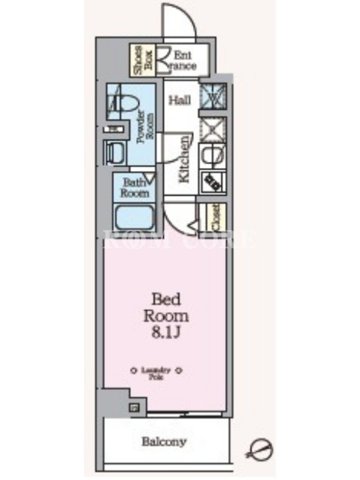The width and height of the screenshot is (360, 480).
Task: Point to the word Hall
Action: [179, 100]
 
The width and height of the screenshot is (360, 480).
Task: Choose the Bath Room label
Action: [135, 188]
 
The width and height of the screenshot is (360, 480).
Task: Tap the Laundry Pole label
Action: [157, 374]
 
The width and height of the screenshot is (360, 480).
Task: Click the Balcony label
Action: [164, 443]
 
